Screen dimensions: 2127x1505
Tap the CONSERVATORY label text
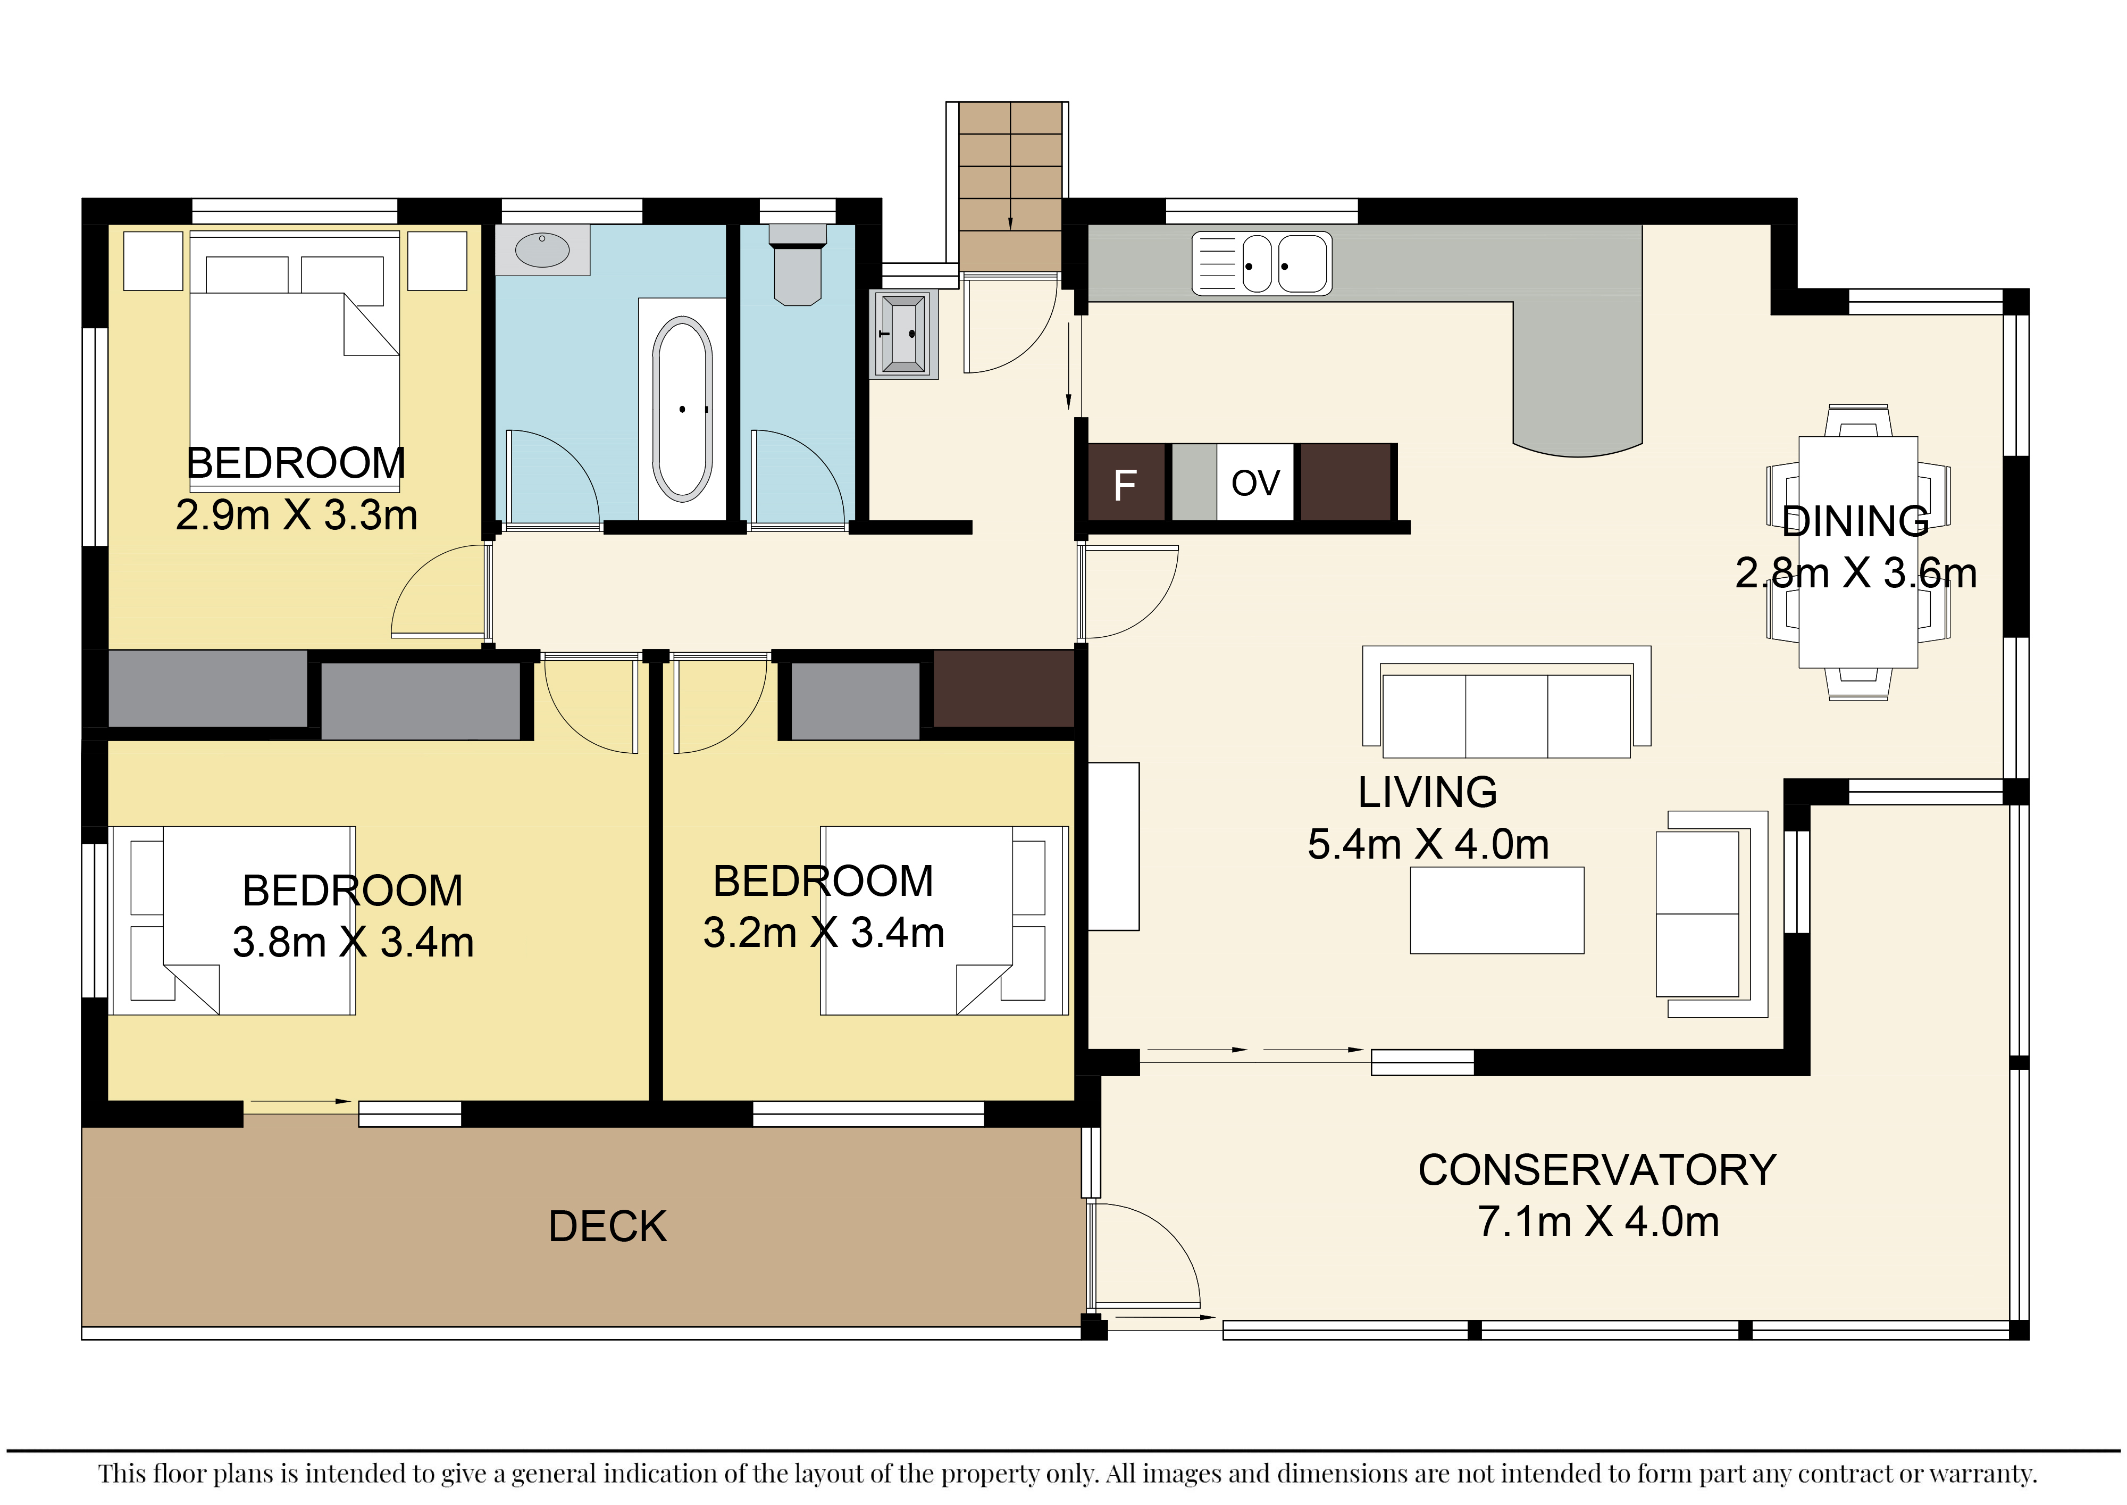[x=1597, y=1169]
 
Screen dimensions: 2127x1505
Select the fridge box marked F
[x=1126, y=483]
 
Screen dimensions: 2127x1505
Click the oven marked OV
[x=1255, y=483]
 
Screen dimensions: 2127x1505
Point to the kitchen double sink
[x=1262, y=263]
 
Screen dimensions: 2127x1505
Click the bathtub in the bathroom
[x=683, y=409]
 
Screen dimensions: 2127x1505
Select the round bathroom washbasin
[x=542, y=250]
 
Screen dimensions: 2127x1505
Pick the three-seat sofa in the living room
[x=1506, y=702]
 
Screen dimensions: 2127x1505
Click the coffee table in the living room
[x=1497, y=910]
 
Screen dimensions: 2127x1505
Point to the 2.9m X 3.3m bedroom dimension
[x=296, y=515]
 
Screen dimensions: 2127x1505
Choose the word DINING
[x=1856, y=521]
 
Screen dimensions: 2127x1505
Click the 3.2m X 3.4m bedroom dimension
[x=824, y=932]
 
